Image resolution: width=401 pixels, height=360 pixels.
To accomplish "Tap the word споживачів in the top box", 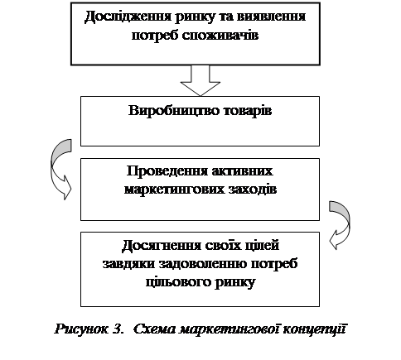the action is [x=220, y=36].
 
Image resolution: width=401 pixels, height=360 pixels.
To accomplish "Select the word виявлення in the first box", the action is [x=271, y=17].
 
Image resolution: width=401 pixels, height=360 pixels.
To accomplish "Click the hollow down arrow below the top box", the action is [x=200, y=80].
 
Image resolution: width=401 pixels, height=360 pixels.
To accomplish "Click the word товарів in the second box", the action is [x=248, y=111].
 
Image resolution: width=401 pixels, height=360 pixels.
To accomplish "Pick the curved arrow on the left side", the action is [x=60, y=169].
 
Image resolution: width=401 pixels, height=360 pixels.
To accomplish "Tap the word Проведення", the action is [x=167, y=172].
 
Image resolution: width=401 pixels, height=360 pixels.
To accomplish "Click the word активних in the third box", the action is [x=243, y=171].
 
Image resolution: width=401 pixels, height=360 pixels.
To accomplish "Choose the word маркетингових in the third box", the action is [x=174, y=190].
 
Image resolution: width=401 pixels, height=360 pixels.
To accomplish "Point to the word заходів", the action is [x=253, y=190].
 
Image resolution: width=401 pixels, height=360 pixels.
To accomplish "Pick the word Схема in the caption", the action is [x=155, y=329].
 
